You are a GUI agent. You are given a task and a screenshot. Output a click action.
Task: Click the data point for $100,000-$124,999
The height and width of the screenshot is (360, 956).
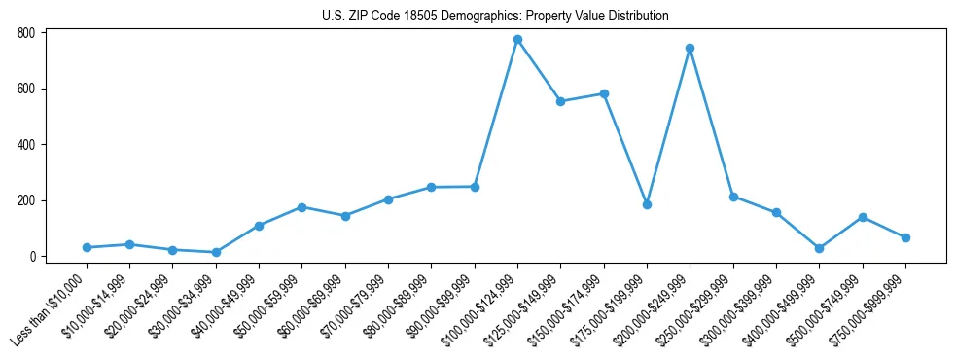coord(517,39)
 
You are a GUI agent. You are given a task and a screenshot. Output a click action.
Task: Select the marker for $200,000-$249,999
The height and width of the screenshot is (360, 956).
coord(690,48)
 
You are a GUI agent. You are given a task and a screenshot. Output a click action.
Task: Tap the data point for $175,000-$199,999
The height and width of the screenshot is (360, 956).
coord(647,204)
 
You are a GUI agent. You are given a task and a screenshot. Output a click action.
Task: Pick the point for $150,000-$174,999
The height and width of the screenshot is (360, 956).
coord(604,93)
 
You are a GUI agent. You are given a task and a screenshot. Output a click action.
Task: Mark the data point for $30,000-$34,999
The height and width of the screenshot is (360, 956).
coord(216,252)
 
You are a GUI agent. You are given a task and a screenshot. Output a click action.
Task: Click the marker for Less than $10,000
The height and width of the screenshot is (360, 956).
coord(87,247)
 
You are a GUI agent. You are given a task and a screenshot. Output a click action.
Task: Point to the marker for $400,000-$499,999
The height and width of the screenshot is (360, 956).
coord(819,248)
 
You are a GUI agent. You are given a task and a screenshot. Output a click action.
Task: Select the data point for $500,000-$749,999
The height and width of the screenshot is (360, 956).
coord(862,217)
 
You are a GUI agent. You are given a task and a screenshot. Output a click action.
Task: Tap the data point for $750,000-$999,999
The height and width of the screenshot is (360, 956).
coord(905,237)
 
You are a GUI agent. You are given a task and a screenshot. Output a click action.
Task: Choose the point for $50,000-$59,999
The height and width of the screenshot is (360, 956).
coord(301,207)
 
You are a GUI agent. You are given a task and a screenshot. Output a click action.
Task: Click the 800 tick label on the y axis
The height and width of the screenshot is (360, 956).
coord(26,33)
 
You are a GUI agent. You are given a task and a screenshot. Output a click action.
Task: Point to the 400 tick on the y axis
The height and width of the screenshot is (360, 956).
coord(26,145)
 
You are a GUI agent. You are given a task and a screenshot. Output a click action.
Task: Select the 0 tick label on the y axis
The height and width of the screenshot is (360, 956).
coord(32,257)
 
